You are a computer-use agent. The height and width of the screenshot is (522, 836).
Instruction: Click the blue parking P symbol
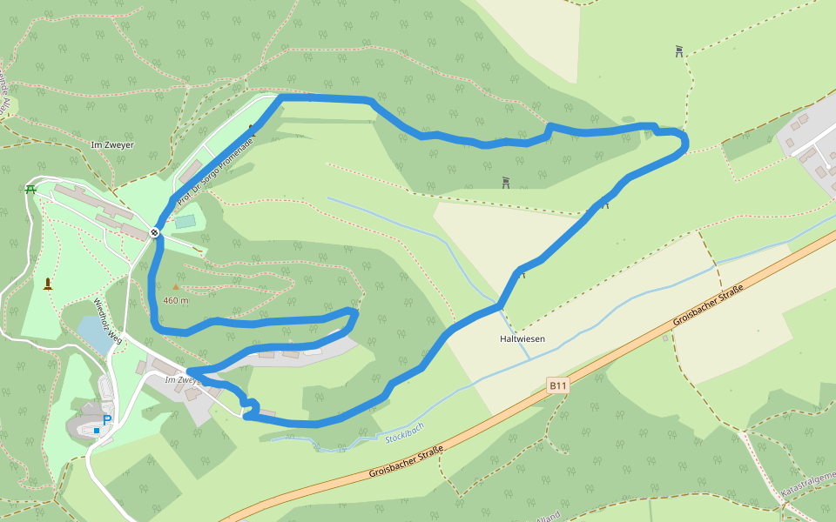pyautogui.click(x=107, y=420)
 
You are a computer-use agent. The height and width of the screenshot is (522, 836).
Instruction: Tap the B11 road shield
pyautogui.click(x=557, y=384)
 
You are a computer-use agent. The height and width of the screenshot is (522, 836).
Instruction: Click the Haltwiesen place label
pyautogui.click(x=522, y=338)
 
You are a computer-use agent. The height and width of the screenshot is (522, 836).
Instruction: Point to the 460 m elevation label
pyautogui.click(x=176, y=300)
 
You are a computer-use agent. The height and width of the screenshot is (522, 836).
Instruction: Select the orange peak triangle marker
pyautogui.click(x=176, y=286)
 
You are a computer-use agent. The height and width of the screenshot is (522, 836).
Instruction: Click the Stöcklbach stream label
pyautogui.click(x=404, y=432)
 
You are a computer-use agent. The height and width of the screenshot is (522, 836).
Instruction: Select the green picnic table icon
pyautogui.click(x=30, y=189)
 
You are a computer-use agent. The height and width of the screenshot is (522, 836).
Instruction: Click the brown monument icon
pyautogui.click(x=47, y=283)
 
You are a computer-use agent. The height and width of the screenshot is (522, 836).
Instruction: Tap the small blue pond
pyautogui.click(x=94, y=332)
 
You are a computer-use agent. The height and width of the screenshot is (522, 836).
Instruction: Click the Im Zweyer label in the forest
pyautogui.click(x=112, y=144)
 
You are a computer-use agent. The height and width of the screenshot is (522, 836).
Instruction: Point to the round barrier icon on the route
pyautogui.click(x=154, y=231)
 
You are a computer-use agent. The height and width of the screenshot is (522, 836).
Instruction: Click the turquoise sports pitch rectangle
pyautogui.click(x=185, y=222)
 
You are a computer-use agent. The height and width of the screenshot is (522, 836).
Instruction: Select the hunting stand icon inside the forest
pyautogui.click(x=506, y=183)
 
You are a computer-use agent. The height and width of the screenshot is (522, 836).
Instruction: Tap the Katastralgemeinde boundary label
pyautogui.click(x=807, y=484)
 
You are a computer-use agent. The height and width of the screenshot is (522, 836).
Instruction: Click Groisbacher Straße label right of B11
pyautogui.click(x=708, y=305)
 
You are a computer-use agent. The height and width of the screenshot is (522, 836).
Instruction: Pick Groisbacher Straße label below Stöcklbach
pyautogui.click(x=406, y=461)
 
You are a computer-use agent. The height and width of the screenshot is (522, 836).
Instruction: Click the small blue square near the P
pyautogui.click(x=97, y=431)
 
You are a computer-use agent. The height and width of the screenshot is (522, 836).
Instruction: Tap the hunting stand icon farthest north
pyautogui.click(x=679, y=51)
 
